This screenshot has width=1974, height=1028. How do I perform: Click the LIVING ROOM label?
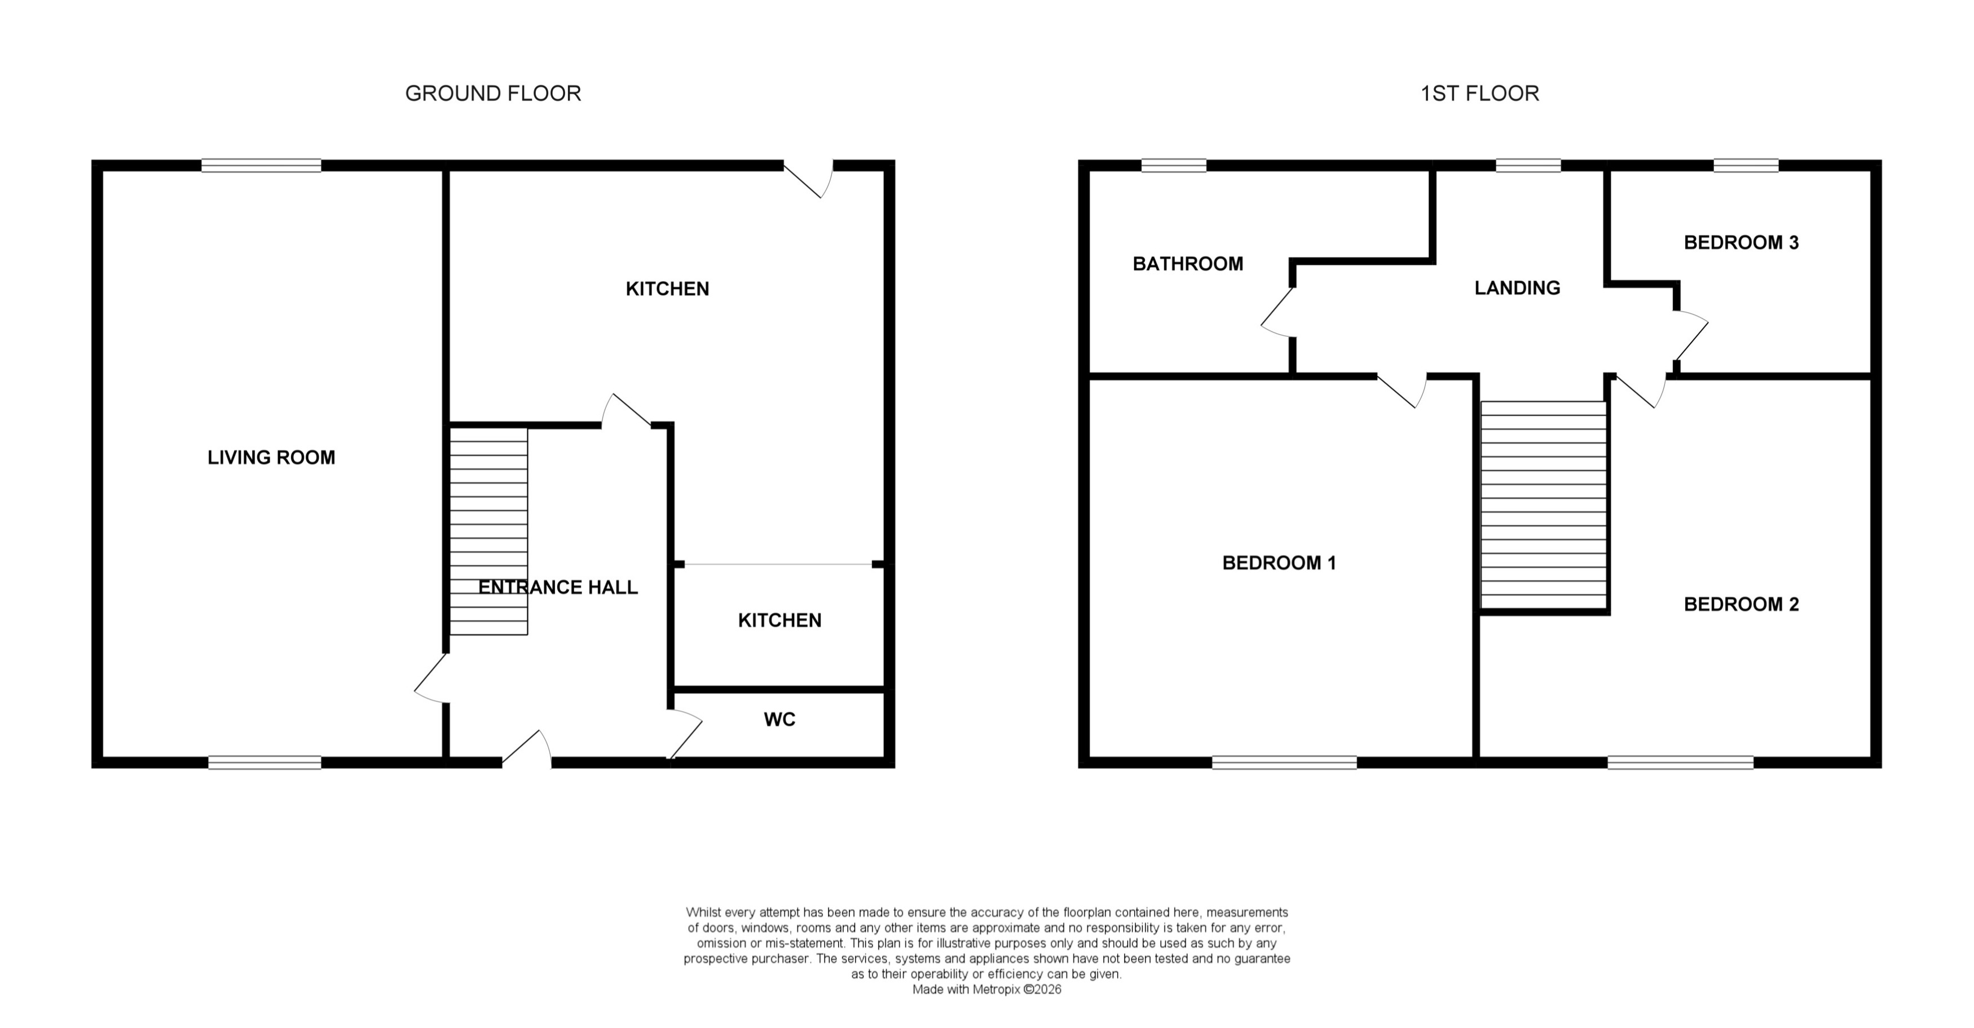(271, 457)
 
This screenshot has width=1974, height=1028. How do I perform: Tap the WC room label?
(779, 719)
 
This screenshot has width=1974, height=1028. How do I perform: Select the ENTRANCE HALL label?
(558, 587)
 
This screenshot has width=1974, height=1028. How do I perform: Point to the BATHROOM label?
(1188, 264)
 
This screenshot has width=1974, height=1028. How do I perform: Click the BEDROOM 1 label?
(1279, 563)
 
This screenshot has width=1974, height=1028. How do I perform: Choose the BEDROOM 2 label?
(1741, 604)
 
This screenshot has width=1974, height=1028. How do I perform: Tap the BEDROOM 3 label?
(1741, 243)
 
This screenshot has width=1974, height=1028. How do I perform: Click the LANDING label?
(1517, 288)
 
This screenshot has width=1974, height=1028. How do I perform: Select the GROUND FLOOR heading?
(493, 94)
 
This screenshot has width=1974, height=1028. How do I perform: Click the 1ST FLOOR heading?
(1480, 94)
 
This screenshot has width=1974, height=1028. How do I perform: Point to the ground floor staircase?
(488, 531)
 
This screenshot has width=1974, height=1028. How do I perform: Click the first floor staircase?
(1543, 506)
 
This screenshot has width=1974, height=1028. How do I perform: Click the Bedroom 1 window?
(1284, 762)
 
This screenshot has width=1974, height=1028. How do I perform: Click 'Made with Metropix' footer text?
(986, 990)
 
